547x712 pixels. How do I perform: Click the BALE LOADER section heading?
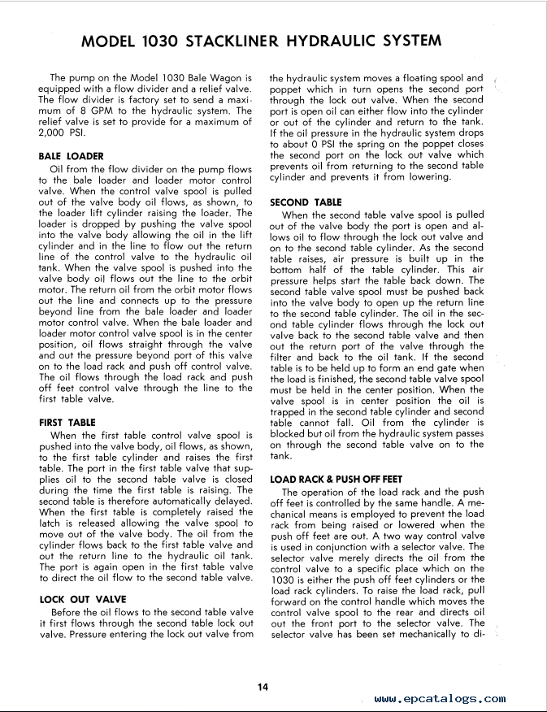click(71, 155)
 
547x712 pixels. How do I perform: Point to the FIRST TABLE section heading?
click(67, 423)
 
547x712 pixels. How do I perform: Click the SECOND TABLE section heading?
click(306, 202)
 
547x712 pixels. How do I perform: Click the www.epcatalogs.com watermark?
click(440, 698)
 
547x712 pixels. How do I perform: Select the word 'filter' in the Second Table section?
click(281, 357)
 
